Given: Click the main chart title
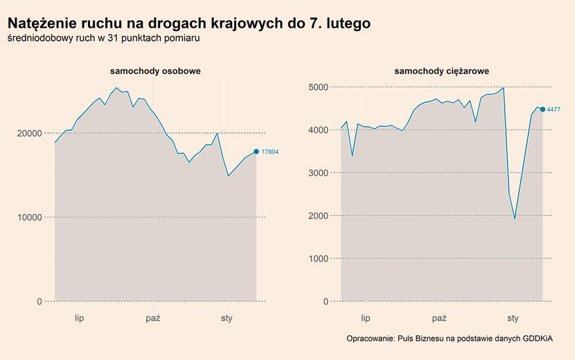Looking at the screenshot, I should [188, 24].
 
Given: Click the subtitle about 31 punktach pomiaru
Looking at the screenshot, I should [103, 39].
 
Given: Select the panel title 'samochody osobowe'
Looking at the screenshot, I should [155, 71].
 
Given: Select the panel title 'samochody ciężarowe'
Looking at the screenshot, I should [441, 71].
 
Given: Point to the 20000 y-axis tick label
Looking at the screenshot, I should [28, 133].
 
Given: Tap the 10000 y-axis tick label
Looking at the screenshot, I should [28, 217].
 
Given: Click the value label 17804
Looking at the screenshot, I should [270, 152].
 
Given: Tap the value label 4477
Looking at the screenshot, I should [554, 109].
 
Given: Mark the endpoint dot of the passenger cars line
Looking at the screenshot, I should [256, 152].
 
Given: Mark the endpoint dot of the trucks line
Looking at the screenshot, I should [542, 109].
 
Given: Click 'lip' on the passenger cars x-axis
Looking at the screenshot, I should [79, 318].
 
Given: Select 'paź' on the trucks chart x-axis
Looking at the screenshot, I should [439, 318].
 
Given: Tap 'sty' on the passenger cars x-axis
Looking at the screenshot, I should [227, 318].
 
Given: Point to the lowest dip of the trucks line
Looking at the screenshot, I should [515, 219].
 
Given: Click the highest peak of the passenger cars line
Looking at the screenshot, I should [116, 88].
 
